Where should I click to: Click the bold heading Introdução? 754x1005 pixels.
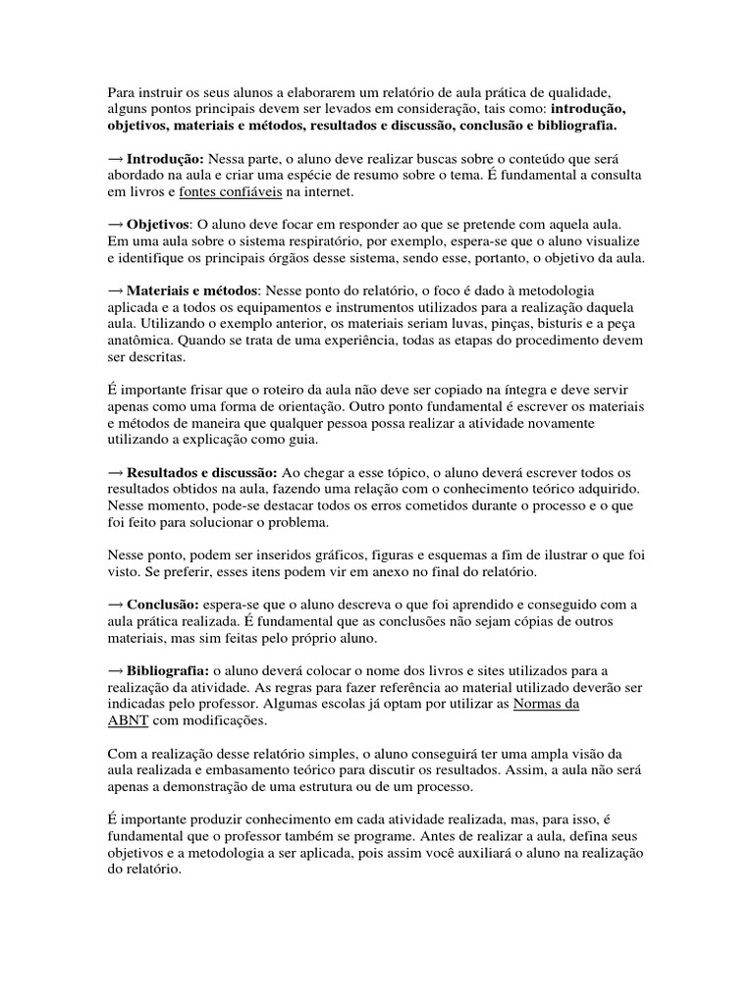(x=165, y=159)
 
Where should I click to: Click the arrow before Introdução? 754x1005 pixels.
(x=115, y=159)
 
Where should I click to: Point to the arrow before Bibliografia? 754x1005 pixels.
(x=115, y=671)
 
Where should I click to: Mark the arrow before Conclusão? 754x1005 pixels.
(x=115, y=606)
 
